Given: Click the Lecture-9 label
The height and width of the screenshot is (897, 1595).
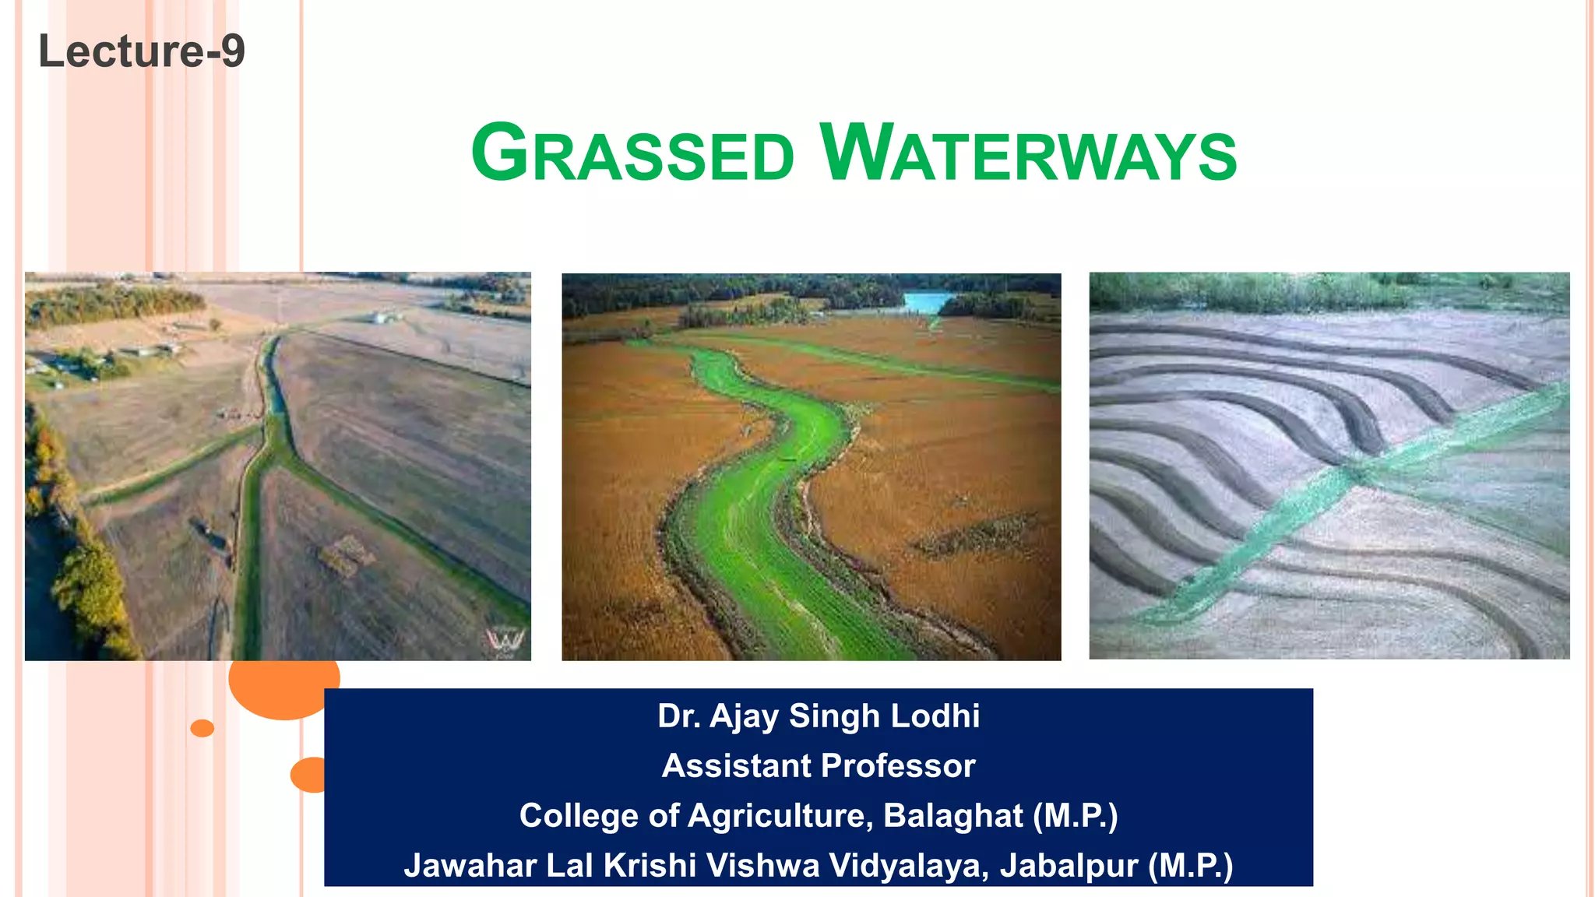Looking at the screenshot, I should tap(142, 51).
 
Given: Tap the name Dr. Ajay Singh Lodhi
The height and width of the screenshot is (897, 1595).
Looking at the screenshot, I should tap(818, 716).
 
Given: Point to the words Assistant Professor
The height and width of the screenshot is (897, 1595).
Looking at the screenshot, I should tap(818, 765).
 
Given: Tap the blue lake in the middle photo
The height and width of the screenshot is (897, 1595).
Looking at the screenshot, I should tap(928, 301).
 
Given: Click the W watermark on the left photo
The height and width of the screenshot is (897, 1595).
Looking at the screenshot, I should tap(505, 640).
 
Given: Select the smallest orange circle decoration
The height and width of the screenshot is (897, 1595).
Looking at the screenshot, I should tap(202, 728).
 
